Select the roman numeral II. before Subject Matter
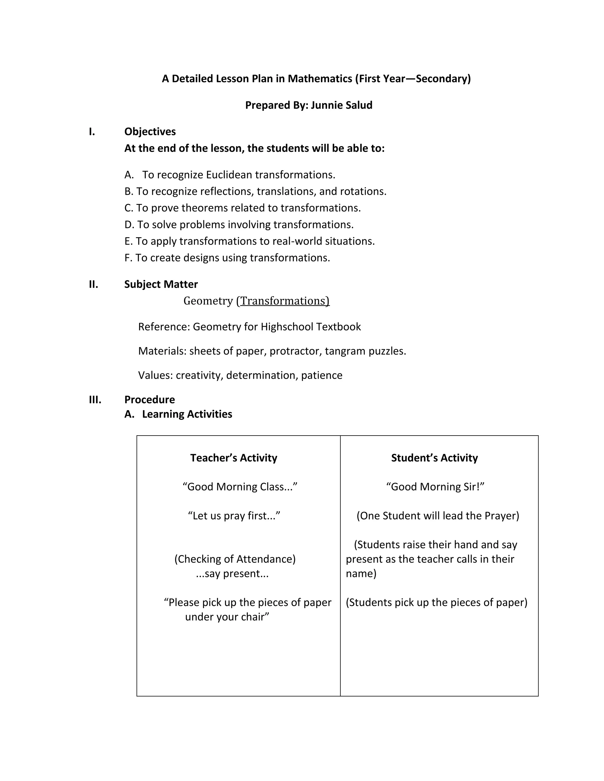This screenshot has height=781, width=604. click(x=93, y=284)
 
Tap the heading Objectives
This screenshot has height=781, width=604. click(x=150, y=132)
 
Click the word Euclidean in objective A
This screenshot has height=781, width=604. click(x=229, y=175)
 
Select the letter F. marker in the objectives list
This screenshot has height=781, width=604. click(x=129, y=258)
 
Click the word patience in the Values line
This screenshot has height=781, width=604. click(x=322, y=375)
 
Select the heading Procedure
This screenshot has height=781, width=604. click(x=150, y=399)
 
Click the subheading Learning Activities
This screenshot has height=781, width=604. click(x=187, y=414)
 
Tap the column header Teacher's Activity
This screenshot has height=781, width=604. click(x=234, y=458)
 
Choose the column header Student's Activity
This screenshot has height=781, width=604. click(x=434, y=458)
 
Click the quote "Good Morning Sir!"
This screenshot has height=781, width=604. click(x=435, y=487)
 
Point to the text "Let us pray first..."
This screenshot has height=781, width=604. click(x=234, y=516)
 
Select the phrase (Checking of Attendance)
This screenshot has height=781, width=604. click(x=235, y=559)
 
